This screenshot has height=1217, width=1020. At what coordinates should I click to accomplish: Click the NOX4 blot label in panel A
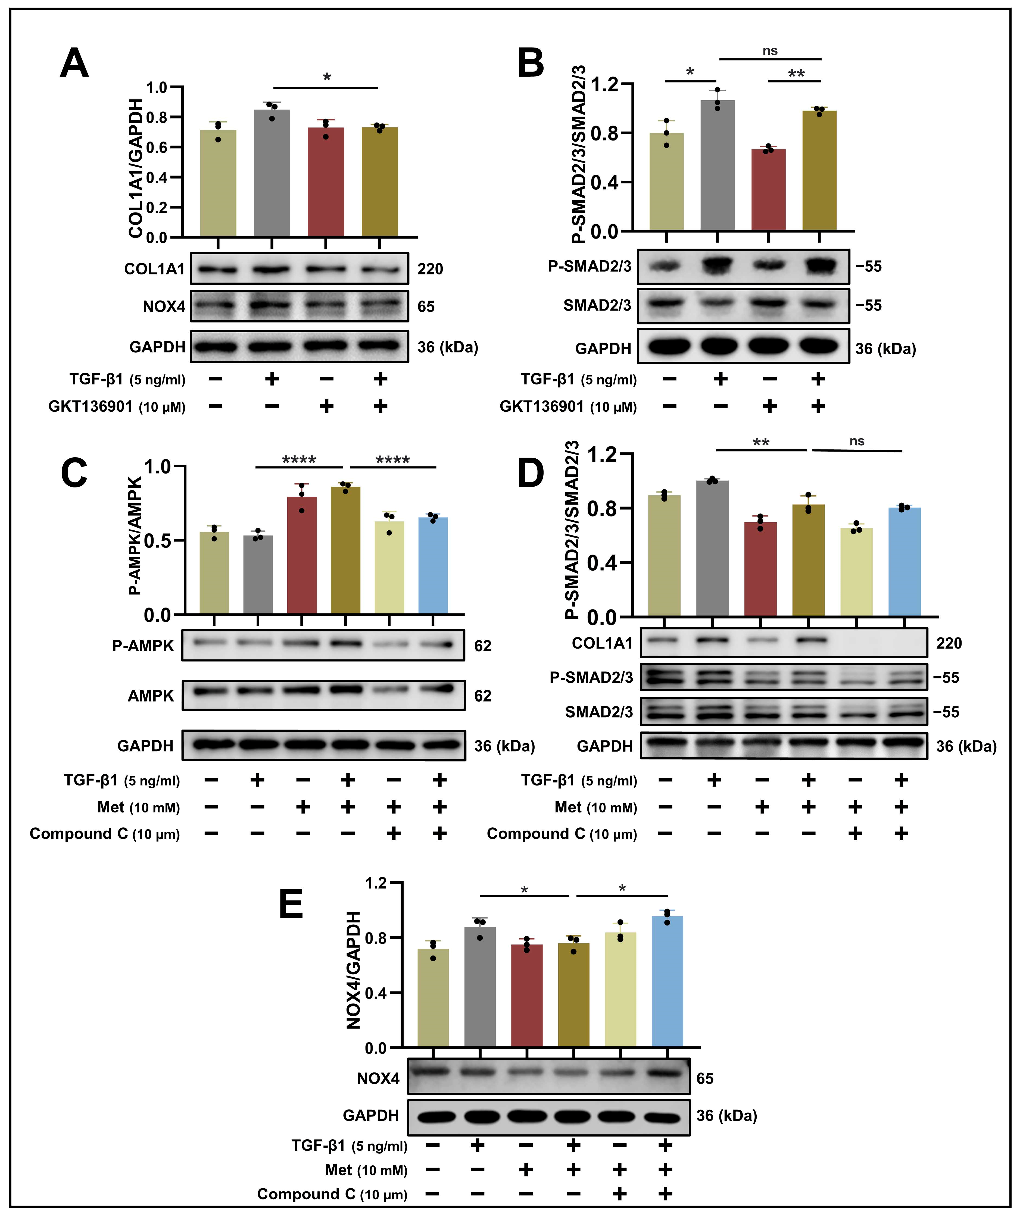click(x=164, y=306)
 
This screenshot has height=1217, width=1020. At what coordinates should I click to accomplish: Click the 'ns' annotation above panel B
click(x=770, y=51)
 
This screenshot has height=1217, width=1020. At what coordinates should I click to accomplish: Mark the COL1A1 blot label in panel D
click(x=601, y=643)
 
